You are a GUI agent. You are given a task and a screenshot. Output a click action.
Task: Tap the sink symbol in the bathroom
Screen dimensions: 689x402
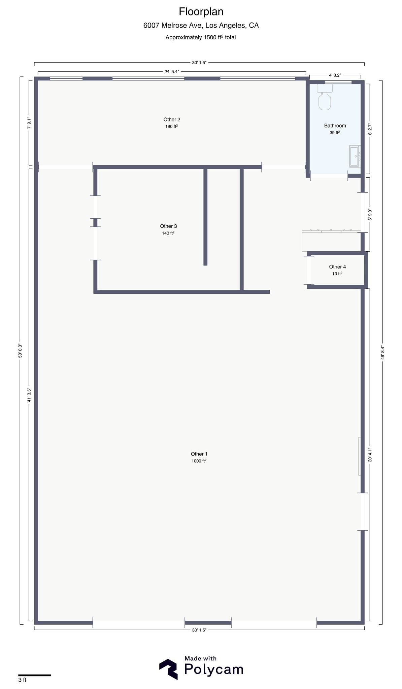click(355, 156)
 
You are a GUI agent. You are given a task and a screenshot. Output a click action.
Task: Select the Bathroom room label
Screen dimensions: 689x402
click(335, 125)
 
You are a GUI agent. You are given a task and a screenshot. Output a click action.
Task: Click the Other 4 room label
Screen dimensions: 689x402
click(337, 267)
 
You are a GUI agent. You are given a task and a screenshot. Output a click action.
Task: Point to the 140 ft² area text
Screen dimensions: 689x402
click(168, 233)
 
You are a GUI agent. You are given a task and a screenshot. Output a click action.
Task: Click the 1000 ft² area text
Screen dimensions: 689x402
click(199, 461)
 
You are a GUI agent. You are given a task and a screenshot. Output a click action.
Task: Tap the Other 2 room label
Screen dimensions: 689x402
click(172, 119)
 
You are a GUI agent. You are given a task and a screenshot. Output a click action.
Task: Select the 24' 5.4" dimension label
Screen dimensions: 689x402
click(172, 71)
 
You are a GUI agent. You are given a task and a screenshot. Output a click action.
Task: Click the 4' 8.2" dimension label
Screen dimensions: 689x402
click(335, 75)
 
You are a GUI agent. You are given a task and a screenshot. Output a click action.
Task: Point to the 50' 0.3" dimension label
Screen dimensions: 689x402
click(20, 350)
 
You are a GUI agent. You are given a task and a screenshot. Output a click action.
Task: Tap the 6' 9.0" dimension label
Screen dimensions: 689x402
click(370, 215)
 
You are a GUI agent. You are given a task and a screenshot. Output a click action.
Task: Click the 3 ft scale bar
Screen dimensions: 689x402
click(35, 675)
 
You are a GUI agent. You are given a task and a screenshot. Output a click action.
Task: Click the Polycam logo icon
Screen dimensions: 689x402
click(168, 669)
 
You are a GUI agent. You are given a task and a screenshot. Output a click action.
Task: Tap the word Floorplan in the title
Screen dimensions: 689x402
click(201, 12)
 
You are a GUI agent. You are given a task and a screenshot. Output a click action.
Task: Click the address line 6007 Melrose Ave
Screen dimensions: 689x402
click(201, 25)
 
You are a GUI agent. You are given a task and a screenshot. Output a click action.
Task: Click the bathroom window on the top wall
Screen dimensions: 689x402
click(338, 82)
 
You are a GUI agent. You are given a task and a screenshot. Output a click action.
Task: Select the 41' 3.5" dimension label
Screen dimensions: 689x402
click(29, 395)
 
